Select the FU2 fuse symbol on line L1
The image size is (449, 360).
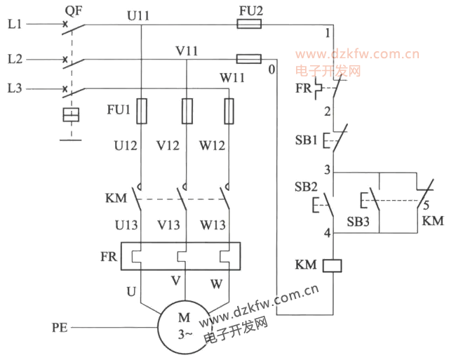coord(250,25)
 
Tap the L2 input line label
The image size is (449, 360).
coord(15,59)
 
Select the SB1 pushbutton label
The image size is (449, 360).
coord(307,140)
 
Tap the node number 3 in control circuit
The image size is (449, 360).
coord(327,170)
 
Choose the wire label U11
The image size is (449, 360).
coord(139,13)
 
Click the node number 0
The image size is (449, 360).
coord(271,69)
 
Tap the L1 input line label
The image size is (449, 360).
coord(15,25)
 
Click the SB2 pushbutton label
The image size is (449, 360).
coord(307,189)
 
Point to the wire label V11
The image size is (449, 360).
coord(187,51)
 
